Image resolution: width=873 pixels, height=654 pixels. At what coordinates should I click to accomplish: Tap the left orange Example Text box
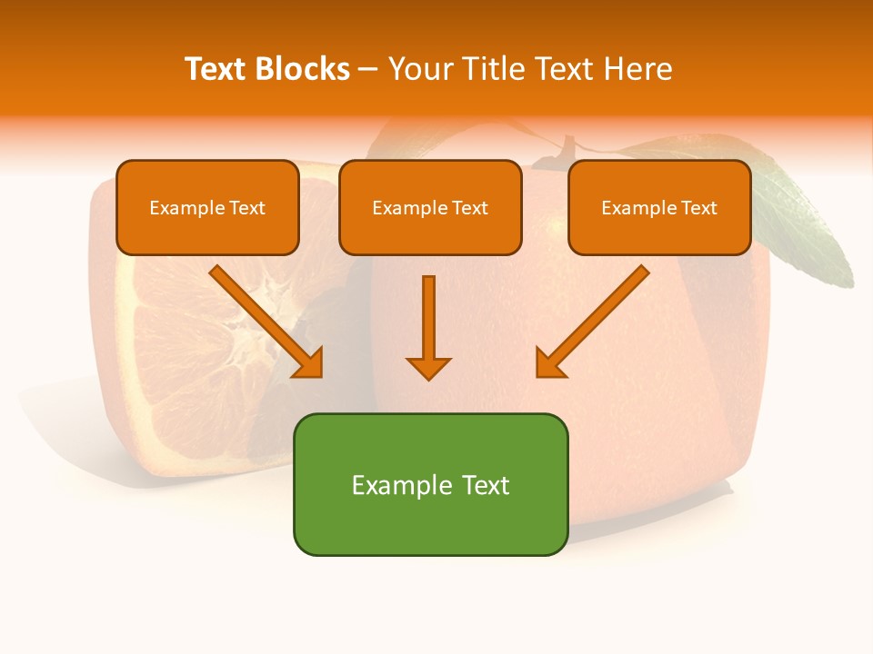(x=207, y=207)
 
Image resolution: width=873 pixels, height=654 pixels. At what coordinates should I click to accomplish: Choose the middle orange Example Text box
(x=430, y=207)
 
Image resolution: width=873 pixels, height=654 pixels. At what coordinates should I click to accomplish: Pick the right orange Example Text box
(x=659, y=207)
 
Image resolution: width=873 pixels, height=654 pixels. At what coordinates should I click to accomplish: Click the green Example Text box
(x=430, y=484)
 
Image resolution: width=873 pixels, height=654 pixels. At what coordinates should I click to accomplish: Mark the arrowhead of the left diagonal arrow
(x=309, y=362)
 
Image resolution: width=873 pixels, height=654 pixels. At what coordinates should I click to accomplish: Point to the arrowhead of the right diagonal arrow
(x=548, y=362)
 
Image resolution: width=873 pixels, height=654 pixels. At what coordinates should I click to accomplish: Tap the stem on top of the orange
(x=568, y=148)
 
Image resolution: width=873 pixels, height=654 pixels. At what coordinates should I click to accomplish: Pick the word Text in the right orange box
(x=698, y=208)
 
